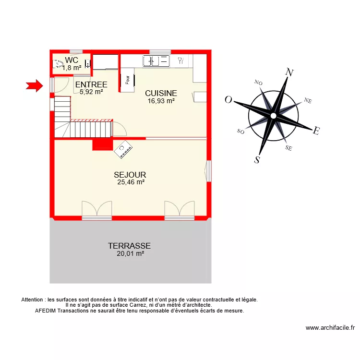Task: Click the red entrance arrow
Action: [34, 86]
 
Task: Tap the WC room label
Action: [72, 60]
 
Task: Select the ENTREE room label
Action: [91, 85]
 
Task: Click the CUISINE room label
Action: [161, 93]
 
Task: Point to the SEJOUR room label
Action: [130, 175]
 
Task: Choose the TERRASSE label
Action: [129, 246]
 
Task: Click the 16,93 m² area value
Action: [161, 101]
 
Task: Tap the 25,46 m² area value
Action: [131, 182]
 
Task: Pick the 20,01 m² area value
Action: [130, 254]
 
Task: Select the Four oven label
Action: [128, 80]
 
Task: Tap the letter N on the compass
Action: [289, 73]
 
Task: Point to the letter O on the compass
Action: [228, 100]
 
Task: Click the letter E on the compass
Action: [316, 131]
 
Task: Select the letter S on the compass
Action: [257, 160]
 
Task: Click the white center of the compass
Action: [273, 116]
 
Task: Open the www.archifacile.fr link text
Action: [330, 328]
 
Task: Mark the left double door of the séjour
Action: [96, 209]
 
